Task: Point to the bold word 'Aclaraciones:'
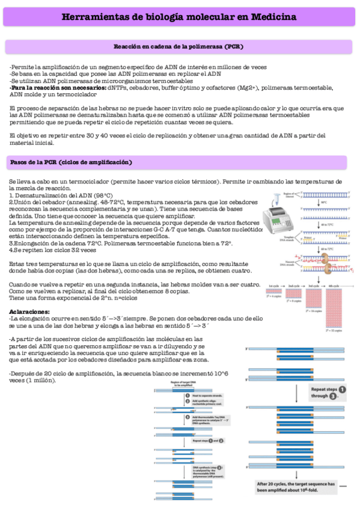(x=30, y=312)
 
